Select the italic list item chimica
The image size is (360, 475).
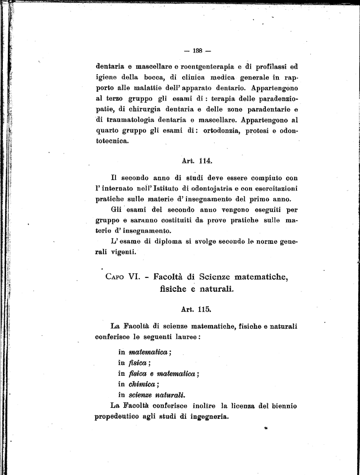(x=143, y=384)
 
